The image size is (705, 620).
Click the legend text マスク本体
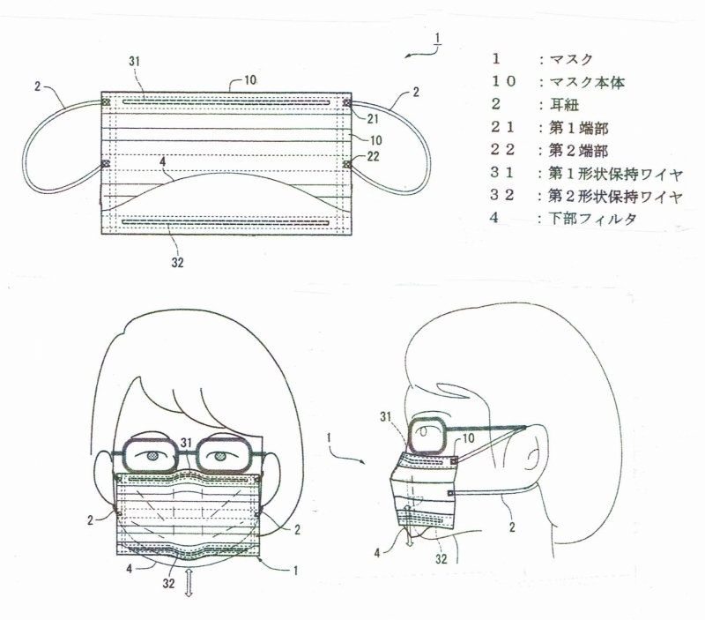tap(587, 82)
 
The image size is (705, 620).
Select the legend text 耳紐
tap(564, 105)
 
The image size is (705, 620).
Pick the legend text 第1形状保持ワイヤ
tap(615, 174)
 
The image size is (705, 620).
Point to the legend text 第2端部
tap(578, 150)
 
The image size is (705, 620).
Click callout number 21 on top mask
tap(372, 119)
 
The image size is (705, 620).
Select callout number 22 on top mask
tap(373, 156)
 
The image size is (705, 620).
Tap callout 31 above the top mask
tap(135, 61)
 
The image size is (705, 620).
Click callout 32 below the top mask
tap(178, 262)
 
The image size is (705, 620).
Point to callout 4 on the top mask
tap(163, 161)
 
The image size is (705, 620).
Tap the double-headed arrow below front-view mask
tap(189, 583)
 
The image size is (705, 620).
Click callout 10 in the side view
tap(468, 437)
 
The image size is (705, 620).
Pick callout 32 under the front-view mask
tap(168, 584)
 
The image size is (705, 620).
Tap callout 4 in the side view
tap(377, 553)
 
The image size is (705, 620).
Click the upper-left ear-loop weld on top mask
tap(106, 102)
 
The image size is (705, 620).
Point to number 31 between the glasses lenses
tap(186, 444)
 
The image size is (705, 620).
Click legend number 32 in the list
tap(502, 195)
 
